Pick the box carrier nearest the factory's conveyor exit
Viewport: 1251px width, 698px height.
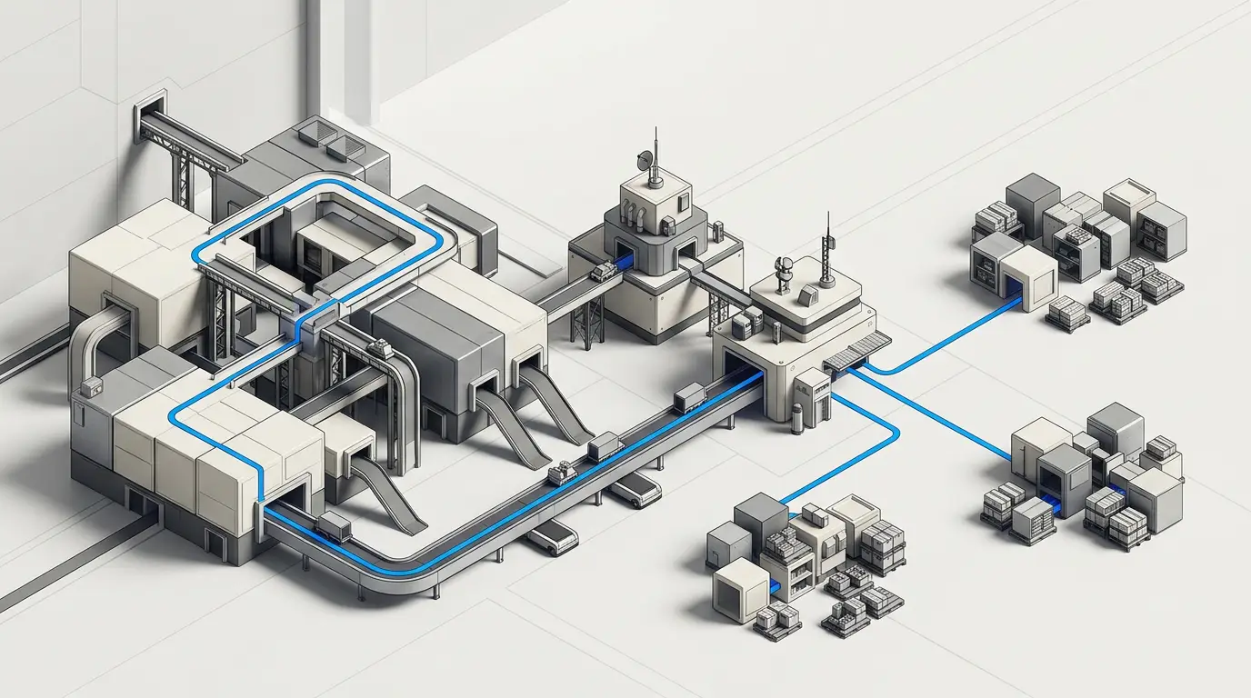tap(334, 523)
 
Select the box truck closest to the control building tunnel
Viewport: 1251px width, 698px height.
tap(689, 397)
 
